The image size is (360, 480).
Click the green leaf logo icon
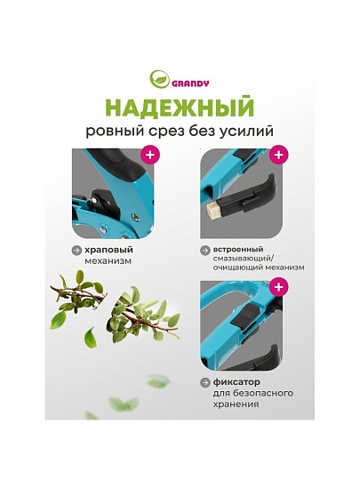(x=159, y=79)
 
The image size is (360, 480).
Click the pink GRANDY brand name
(x=190, y=84)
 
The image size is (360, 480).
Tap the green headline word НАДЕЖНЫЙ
(x=180, y=108)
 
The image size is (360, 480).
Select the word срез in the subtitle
(x=167, y=132)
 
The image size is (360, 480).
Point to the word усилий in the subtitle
(x=246, y=132)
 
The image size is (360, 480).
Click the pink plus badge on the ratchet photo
(x=150, y=155)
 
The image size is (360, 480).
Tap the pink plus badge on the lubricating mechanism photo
(x=278, y=155)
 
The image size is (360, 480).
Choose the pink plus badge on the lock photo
(x=278, y=287)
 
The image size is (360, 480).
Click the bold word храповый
(x=109, y=250)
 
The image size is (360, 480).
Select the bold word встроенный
(x=238, y=250)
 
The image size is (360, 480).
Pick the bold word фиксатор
(x=236, y=382)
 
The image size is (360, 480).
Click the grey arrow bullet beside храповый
(x=76, y=250)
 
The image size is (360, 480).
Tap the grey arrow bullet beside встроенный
(x=204, y=250)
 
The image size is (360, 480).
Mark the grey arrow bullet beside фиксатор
(x=204, y=382)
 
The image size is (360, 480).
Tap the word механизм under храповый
(x=108, y=261)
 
